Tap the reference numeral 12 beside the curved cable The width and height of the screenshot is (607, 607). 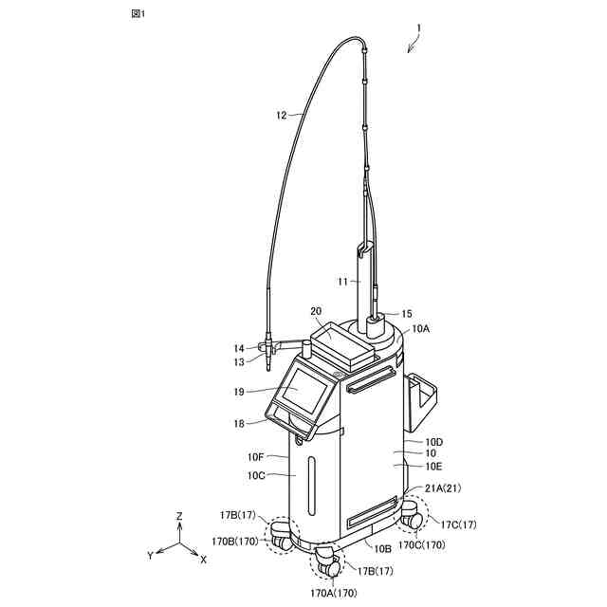pos(281,116)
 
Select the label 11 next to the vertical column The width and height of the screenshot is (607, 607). pos(344,281)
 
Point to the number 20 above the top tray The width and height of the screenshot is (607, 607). pos(315,310)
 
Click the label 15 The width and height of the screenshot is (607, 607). pos(407,313)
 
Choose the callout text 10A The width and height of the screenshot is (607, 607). pos(421,327)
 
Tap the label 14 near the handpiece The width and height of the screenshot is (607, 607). pos(239,348)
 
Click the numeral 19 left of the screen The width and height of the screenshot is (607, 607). pos(239,391)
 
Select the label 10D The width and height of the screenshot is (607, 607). pos(433,441)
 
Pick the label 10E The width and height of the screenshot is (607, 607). pos(433,466)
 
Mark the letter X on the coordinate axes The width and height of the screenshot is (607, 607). pos(203,560)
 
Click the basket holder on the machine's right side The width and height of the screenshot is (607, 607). pos(423,400)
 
